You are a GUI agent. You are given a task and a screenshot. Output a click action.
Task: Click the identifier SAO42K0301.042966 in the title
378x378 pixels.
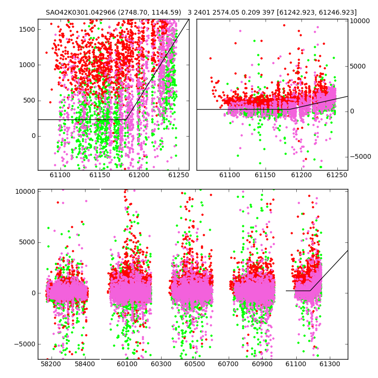click(x=81, y=13)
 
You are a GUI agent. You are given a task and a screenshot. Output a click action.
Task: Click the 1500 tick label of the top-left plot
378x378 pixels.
click(x=27, y=29)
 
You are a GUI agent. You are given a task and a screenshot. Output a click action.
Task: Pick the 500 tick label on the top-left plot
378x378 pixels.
click(x=29, y=101)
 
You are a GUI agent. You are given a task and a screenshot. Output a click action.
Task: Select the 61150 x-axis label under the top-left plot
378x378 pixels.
click(x=100, y=175)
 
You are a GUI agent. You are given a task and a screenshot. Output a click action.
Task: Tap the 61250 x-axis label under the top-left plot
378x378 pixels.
click(x=179, y=175)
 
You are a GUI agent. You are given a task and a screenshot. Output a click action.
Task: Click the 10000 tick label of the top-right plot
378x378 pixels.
click(x=360, y=21)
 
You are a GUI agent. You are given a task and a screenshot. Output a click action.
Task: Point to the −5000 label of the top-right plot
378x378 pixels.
click(x=361, y=157)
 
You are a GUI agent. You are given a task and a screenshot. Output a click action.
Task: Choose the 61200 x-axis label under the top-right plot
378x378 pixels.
click(x=301, y=175)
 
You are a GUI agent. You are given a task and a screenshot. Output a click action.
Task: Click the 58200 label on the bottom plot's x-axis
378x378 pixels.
click(x=51, y=364)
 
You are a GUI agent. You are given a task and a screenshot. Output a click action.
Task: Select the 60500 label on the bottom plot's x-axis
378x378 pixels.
click(x=195, y=364)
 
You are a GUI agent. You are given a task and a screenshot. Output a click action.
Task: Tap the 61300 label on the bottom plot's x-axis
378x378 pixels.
click(x=329, y=364)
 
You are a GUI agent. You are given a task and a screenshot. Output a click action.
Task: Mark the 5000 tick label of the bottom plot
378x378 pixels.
click(x=27, y=242)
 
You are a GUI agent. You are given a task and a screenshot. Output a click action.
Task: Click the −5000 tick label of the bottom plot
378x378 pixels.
click(x=25, y=344)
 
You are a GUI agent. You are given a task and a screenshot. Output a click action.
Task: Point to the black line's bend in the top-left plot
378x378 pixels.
click(x=126, y=120)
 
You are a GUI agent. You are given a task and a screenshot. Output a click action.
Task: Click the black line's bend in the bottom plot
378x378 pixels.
click(x=310, y=291)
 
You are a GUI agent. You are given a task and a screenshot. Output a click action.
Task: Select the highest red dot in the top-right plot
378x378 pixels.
click(x=284, y=26)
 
